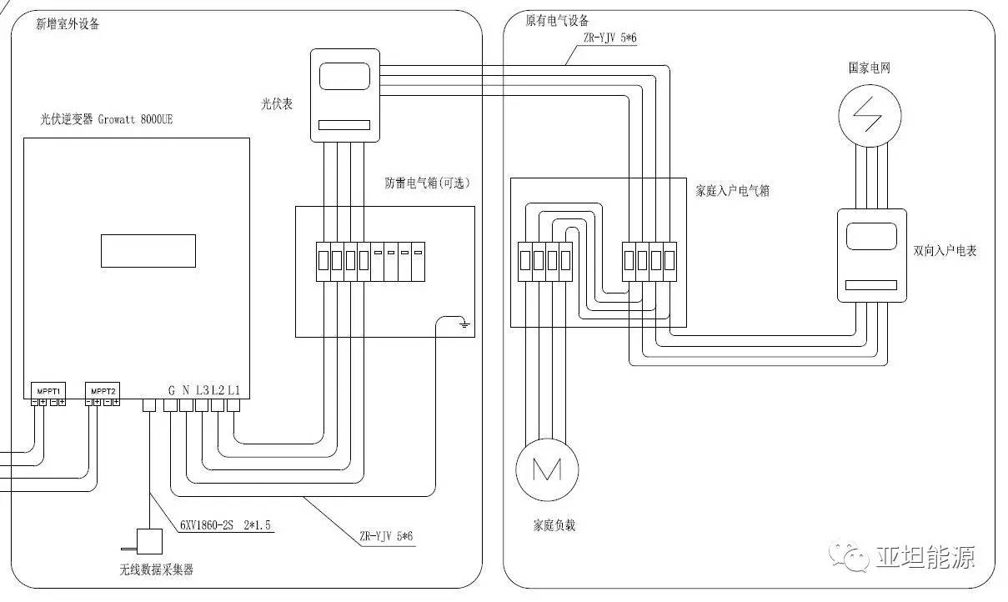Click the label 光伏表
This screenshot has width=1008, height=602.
click(277, 105)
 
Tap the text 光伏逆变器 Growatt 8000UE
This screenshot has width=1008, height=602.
click(106, 120)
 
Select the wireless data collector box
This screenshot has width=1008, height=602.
click(149, 541)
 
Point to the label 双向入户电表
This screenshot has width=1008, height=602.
click(945, 250)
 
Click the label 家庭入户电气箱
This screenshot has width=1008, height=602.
click(732, 191)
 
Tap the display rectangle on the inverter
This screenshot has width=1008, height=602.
click(148, 250)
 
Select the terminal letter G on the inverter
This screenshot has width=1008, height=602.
click(171, 389)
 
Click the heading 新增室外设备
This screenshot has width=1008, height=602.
click(68, 24)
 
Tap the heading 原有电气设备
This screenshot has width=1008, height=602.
click(557, 21)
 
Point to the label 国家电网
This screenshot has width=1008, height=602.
click(869, 68)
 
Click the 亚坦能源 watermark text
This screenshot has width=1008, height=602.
click(925, 557)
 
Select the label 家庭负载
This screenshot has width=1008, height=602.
click(554, 525)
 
